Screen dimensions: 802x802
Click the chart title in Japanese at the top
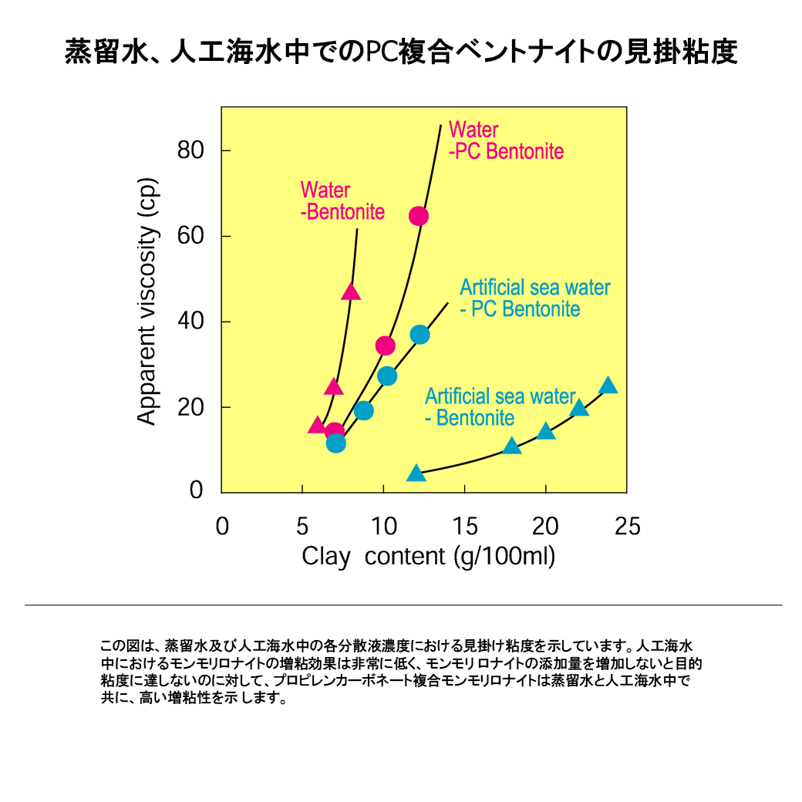[x=401, y=53]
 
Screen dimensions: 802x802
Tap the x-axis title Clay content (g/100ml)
[x=428, y=556]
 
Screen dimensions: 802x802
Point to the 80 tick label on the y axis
[x=190, y=150]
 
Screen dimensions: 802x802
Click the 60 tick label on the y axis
[x=190, y=236]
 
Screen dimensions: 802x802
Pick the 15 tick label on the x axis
[x=465, y=527]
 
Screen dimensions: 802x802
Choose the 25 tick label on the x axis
[x=627, y=527]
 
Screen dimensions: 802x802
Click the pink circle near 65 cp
[x=418, y=216]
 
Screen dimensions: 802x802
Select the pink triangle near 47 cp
[x=351, y=291]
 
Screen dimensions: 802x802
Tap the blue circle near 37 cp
[x=420, y=335]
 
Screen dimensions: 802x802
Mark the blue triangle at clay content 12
[x=416, y=473]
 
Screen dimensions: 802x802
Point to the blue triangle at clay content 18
[x=512, y=446]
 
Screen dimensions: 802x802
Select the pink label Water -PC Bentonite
[x=506, y=140]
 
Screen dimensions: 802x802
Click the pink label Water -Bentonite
[x=342, y=200]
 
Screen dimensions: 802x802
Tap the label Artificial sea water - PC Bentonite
[x=534, y=298]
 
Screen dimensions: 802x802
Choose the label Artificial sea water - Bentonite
[x=500, y=407]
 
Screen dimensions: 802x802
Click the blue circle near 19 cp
[x=364, y=410]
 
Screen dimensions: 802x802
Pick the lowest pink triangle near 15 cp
[x=317, y=426]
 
